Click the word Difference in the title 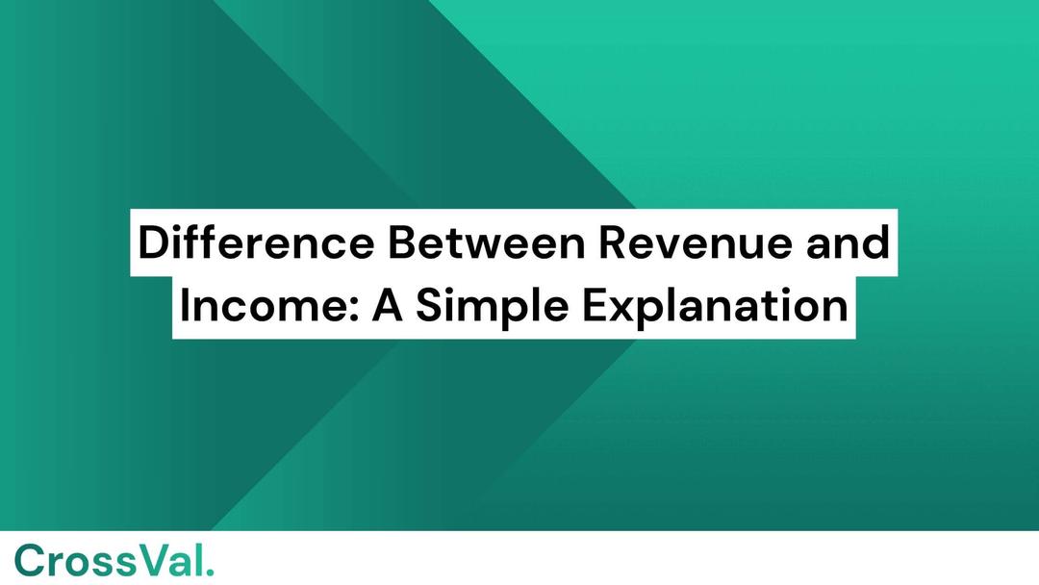point(256,242)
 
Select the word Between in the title point(487,242)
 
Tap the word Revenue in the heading point(696,242)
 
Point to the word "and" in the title point(848,242)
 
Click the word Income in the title point(262,306)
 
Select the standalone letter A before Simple point(388,306)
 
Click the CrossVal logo point(114,561)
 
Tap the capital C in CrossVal point(30,561)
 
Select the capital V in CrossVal point(156,561)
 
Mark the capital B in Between point(402,242)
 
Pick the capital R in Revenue point(613,242)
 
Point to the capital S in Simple point(430,306)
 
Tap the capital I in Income point(184,306)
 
